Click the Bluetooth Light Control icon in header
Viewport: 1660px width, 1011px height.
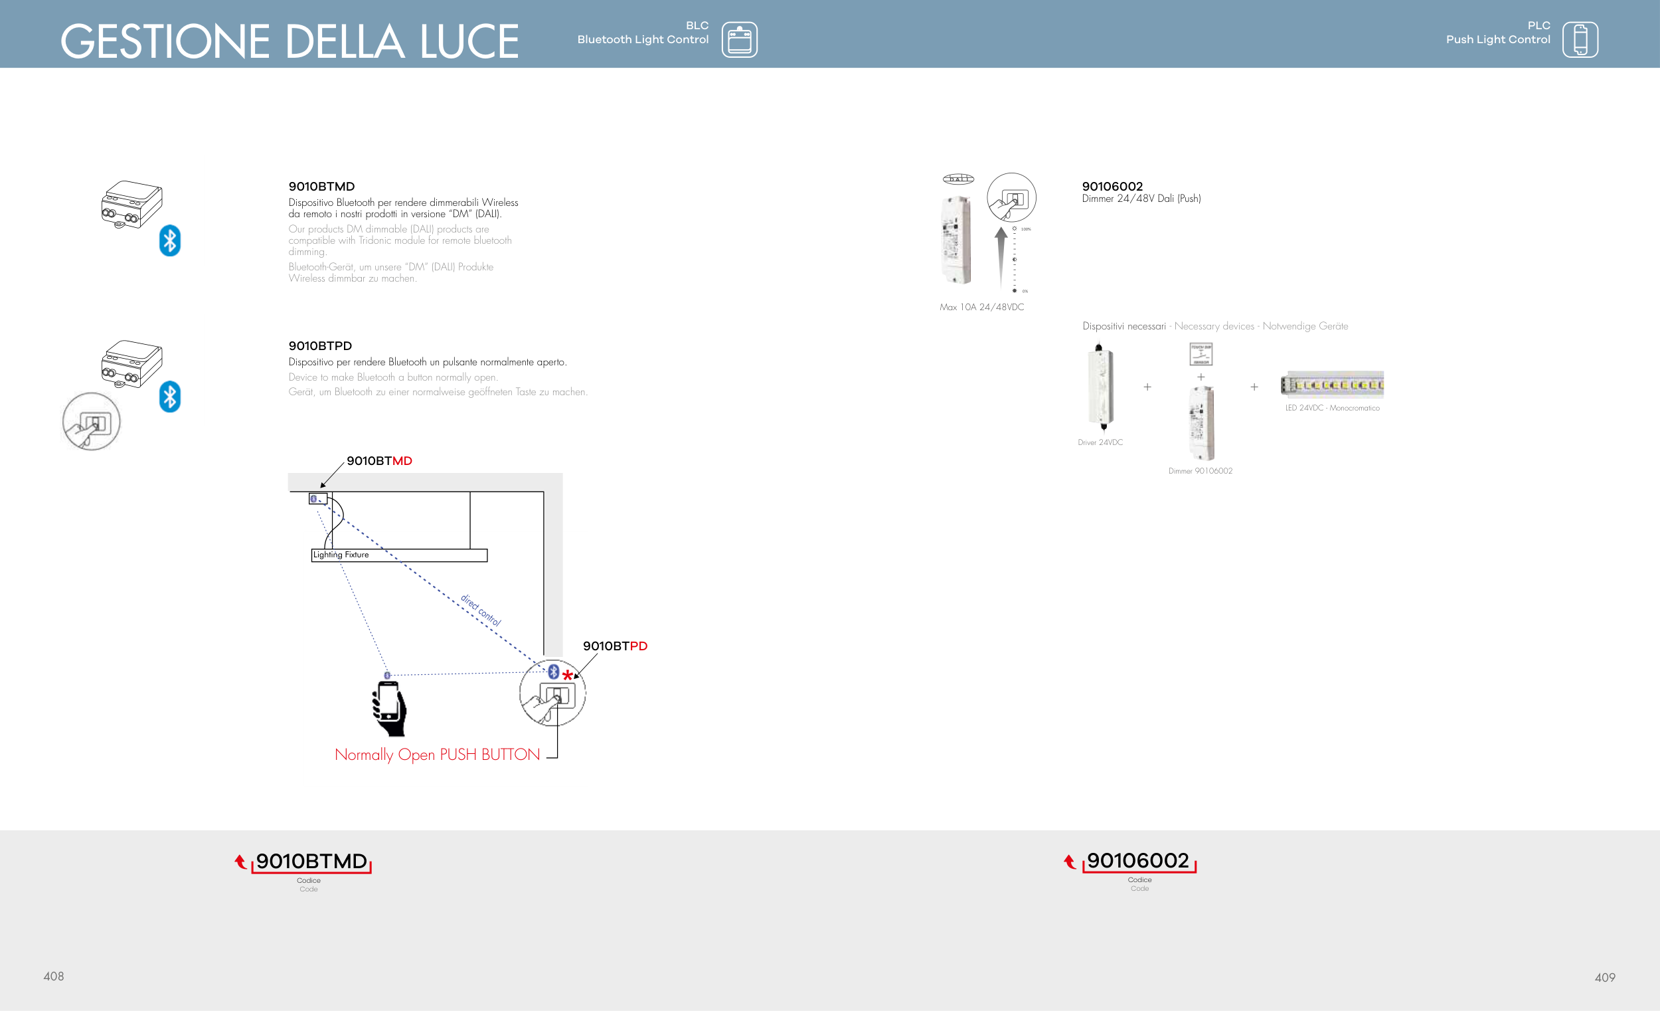pyautogui.click(x=739, y=40)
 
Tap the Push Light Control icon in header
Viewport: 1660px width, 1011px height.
pyautogui.click(x=1580, y=40)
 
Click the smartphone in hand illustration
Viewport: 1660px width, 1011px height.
pyautogui.click(x=389, y=708)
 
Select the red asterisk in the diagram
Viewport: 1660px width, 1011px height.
pyautogui.click(x=568, y=676)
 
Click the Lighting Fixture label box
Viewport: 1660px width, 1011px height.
pyautogui.click(x=399, y=555)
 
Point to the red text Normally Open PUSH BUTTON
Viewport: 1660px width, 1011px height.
pyautogui.click(x=437, y=755)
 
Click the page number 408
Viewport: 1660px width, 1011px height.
pyautogui.click(x=54, y=976)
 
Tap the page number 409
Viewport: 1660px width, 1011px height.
pyautogui.click(x=1605, y=977)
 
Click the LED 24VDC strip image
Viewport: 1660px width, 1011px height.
pyautogui.click(x=1332, y=385)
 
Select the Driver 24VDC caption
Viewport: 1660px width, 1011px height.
pyautogui.click(x=1100, y=443)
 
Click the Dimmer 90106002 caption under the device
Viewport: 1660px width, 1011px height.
pyautogui.click(x=1200, y=471)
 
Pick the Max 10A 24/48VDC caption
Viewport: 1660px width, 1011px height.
pyautogui.click(x=981, y=308)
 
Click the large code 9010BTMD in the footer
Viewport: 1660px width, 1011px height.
pyautogui.click(x=311, y=862)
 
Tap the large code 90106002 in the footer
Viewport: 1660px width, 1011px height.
pyautogui.click(x=1138, y=861)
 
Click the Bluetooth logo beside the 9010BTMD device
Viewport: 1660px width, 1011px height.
pyautogui.click(x=170, y=240)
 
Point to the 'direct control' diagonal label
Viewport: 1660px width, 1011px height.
pyautogui.click(x=480, y=610)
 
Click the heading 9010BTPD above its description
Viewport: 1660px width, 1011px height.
pyautogui.click(x=320, y=346)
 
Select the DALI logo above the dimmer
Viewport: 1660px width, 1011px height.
pyautogui.click(x=958, y=179)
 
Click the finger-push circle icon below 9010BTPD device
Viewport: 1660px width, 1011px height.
pyautogui.click(x=92, y=422)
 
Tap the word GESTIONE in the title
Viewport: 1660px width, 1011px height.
pyautogui.click(x=165, y=41)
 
